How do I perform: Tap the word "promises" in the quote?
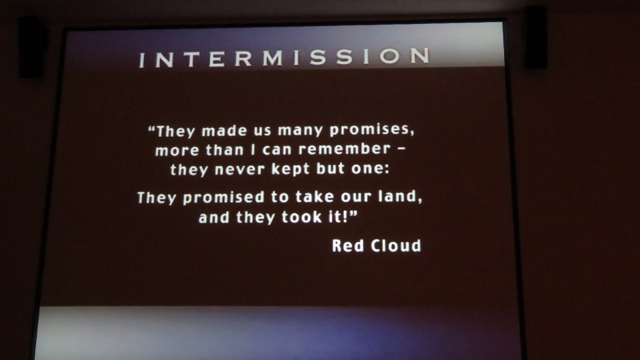coord(371,130)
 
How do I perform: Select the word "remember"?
coord(345,149)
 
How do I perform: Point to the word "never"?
coord(239,169)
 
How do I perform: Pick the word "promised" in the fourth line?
coord(224,198)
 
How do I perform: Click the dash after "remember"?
coord(401,149)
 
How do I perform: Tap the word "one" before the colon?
coord(370,169)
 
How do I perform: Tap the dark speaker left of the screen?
coord(32,46)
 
